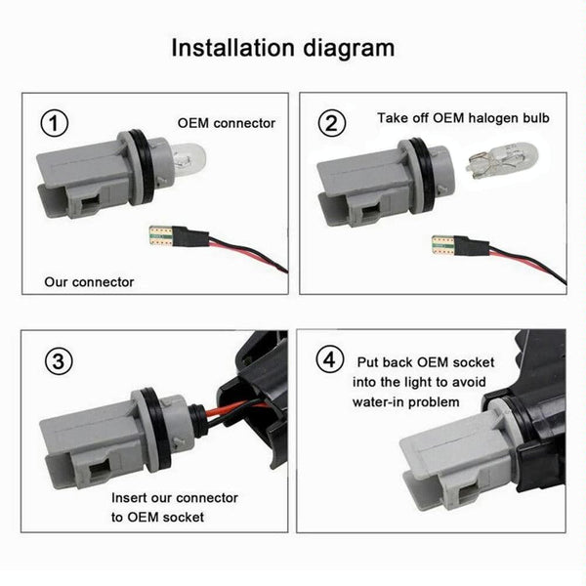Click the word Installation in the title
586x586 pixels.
pos(233,48)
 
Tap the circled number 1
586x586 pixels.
pos(54,123)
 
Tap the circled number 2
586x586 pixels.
pos(332,123)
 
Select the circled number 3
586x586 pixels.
pos(59,361)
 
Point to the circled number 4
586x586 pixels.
pos(330,360)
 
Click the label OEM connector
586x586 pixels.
pos(227,123)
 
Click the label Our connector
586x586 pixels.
pos(89,282)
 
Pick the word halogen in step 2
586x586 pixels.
pos(492,118)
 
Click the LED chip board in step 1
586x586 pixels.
pos(161,236)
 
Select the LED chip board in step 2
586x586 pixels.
pos(442,245)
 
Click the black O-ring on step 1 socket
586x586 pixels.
pos(144,168)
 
